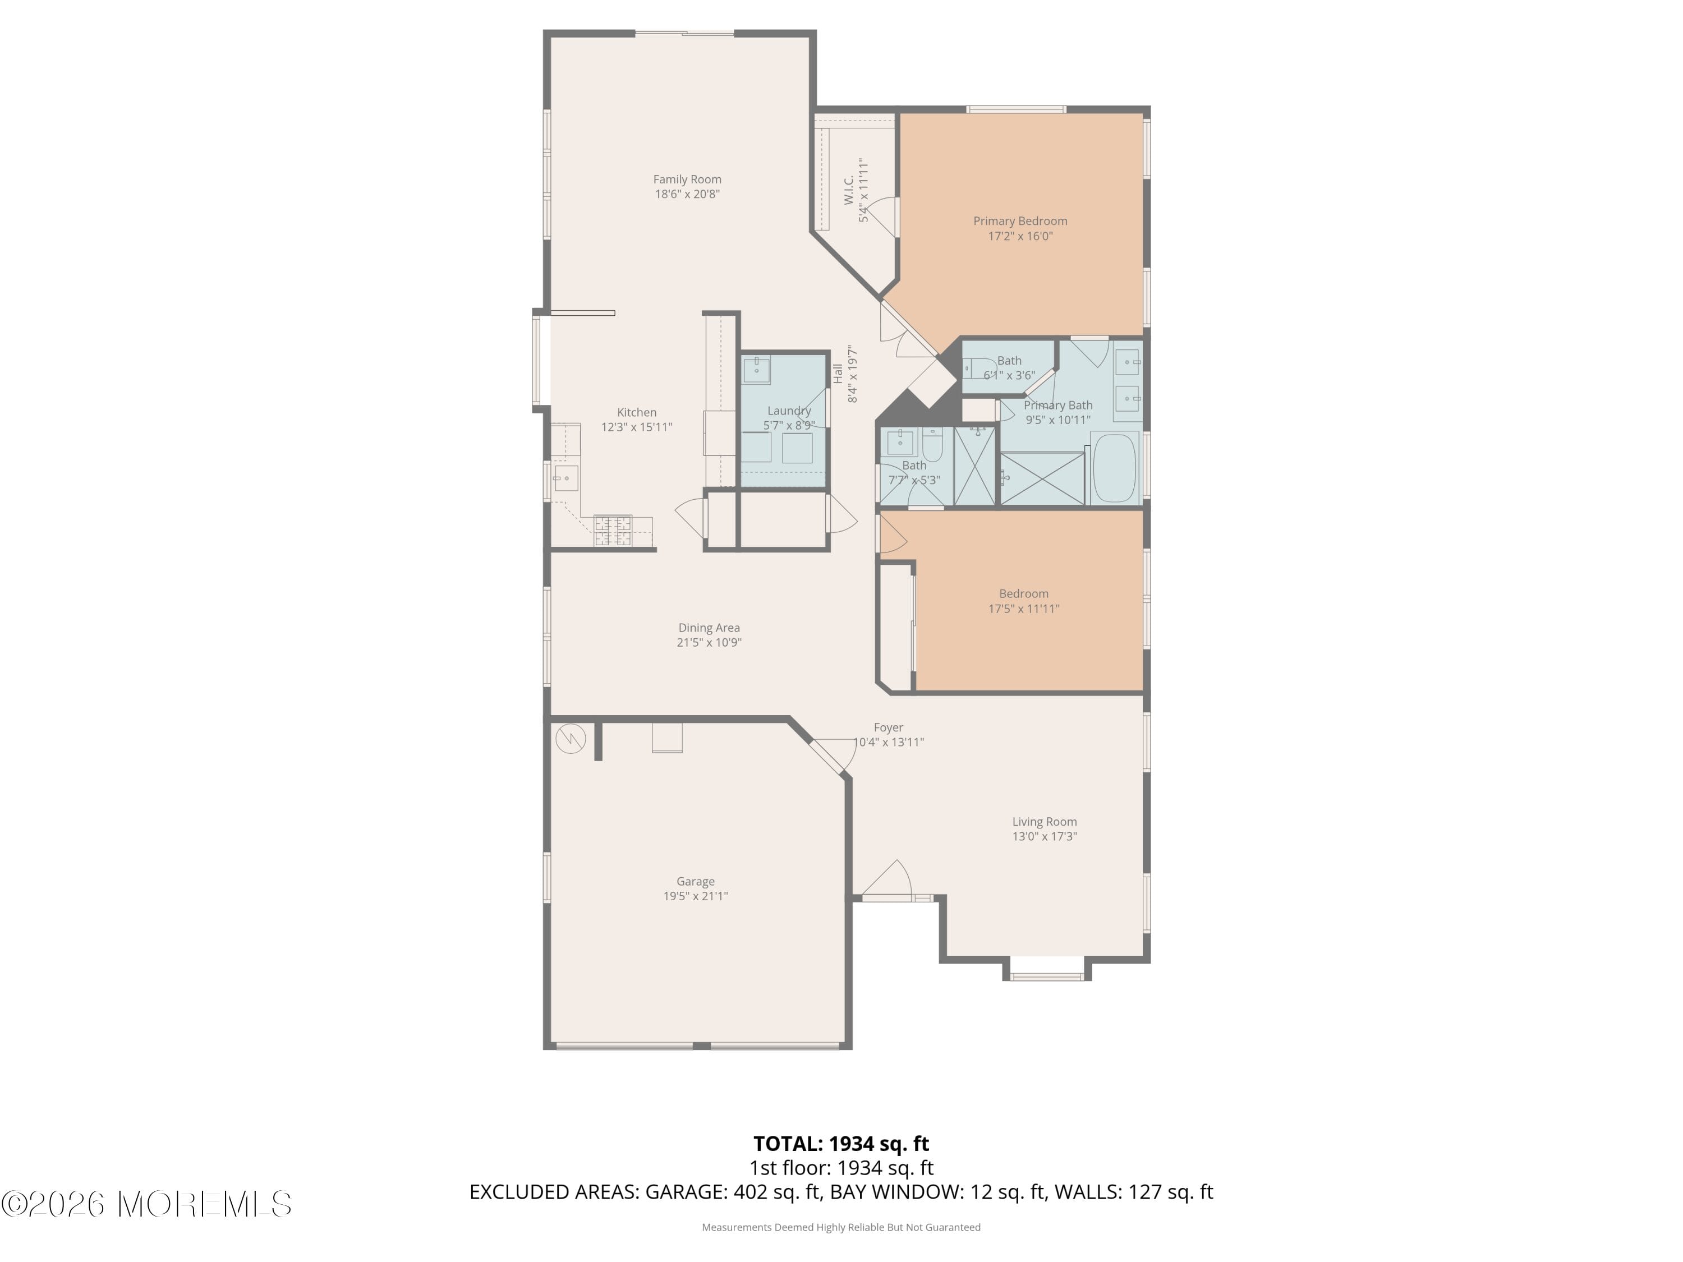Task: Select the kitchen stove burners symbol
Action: click(x=613, y=530)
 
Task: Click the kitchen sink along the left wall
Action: click(x=564, y=478)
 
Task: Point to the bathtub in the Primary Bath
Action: click(x=1115, y=468)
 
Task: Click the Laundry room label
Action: click(x=788, y=411)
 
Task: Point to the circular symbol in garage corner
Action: click(x=570, y=738)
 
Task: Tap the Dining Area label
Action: click(x=709, y=628)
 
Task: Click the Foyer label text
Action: click(x=888, y=727)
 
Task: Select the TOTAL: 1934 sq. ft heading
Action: click(x=841, y=1143)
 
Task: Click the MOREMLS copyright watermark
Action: click(x=146, y=1204)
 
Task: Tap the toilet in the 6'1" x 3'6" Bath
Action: click(x=978, y=368)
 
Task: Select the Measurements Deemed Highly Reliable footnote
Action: click(x=841, y=1227)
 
